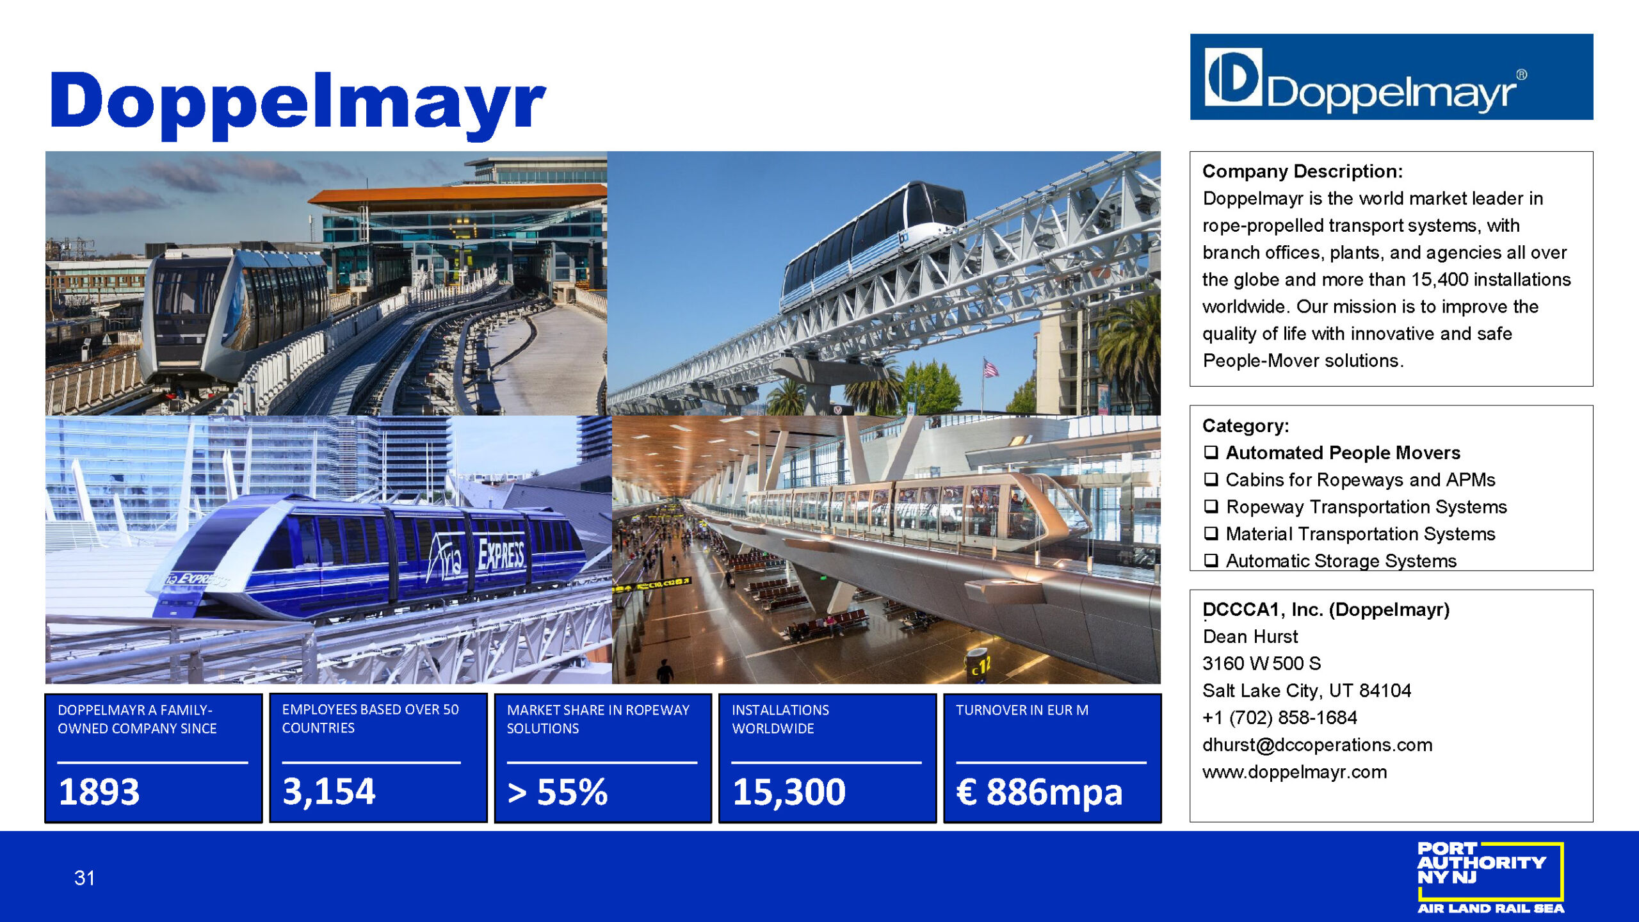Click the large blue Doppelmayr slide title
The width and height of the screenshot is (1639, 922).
[x=298, y=105]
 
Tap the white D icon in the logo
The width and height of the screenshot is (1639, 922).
[x=1233, y=77]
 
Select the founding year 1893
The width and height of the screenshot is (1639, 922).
[x=99, y=791]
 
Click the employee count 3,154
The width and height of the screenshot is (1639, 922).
[x=328, y=791]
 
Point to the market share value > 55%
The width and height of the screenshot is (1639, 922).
[x=557, y=792]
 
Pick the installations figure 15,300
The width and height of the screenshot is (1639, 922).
[x=789, y=792]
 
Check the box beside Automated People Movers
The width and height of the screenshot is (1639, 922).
[x=1211, y=452]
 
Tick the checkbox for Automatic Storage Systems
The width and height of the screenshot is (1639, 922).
[x=1211, y=560]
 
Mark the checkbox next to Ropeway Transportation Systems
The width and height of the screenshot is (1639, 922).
[x=1211, y=506]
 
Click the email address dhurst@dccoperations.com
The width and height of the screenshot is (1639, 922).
[x=1317, y=745]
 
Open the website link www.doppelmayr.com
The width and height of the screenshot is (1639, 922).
[x=1295, y=772]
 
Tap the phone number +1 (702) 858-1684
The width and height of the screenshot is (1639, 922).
[x=1279, y=717]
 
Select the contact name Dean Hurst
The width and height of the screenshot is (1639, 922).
[x=1250, y=636]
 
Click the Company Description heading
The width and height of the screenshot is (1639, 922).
[x=1302, y=171]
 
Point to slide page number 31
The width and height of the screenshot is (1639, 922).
[x=85, y=878]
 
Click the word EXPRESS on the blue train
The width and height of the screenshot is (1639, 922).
[x=501, y=553]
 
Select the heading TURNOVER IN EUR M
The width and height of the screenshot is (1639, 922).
[x=1022, y=710]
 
